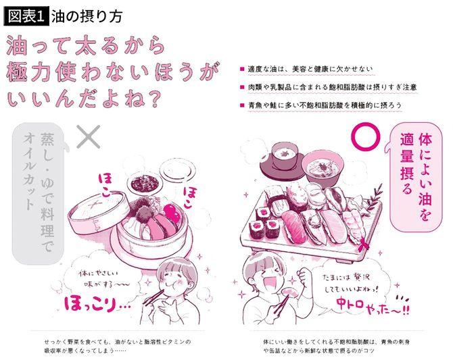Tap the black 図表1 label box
(x=24, y=14)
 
